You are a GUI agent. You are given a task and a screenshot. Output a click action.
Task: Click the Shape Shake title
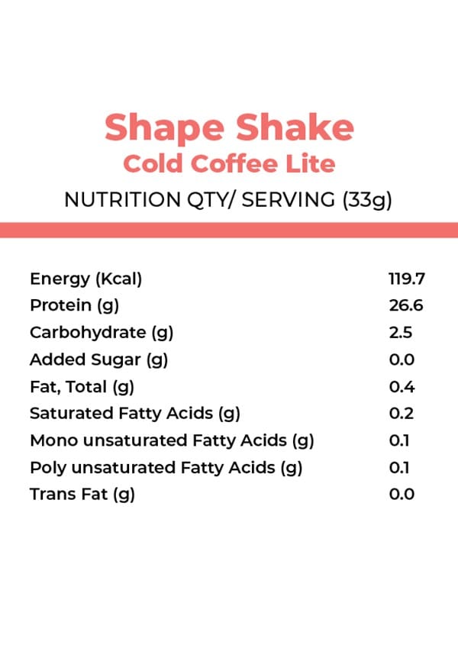[229, 127]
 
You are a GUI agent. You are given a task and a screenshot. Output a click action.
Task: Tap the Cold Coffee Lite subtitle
[229, 164]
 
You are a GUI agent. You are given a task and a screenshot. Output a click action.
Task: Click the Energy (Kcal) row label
[86, 279]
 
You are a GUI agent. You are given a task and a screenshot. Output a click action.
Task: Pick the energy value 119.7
[406, 279]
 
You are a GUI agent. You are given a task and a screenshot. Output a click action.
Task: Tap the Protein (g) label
[75, 306]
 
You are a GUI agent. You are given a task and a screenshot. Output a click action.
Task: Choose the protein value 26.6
[405, 306]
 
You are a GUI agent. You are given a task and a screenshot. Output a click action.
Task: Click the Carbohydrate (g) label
[98, 333]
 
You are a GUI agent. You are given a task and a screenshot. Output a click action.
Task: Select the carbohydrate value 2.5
[401, 333]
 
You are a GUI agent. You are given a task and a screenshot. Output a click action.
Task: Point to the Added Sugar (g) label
[98, 360]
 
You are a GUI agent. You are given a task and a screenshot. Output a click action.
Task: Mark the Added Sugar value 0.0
[402, 360]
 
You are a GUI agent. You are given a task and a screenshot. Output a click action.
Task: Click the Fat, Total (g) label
[82, 386]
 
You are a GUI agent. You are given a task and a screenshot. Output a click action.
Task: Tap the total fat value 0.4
[402, 386]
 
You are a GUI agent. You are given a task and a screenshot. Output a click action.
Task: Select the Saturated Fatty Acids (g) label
[135, 414]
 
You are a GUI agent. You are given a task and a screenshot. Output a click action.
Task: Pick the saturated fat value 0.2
[402, 414]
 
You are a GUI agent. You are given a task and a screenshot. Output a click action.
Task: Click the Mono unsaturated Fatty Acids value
[399, 440]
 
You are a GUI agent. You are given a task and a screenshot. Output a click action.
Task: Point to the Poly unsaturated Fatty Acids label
[166, 467]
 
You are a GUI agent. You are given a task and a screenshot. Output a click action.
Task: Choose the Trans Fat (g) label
[82, 494]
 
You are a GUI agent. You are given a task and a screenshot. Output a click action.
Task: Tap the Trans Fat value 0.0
[402, 494]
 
